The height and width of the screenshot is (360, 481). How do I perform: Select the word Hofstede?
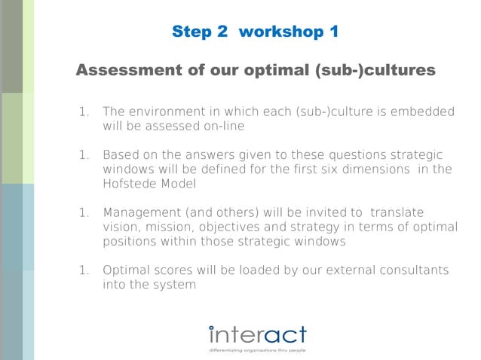(x=131, y=183)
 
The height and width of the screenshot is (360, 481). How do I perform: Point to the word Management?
(x=142, y=213)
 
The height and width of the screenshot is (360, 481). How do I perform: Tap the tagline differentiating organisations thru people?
(x=258, y=350)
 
